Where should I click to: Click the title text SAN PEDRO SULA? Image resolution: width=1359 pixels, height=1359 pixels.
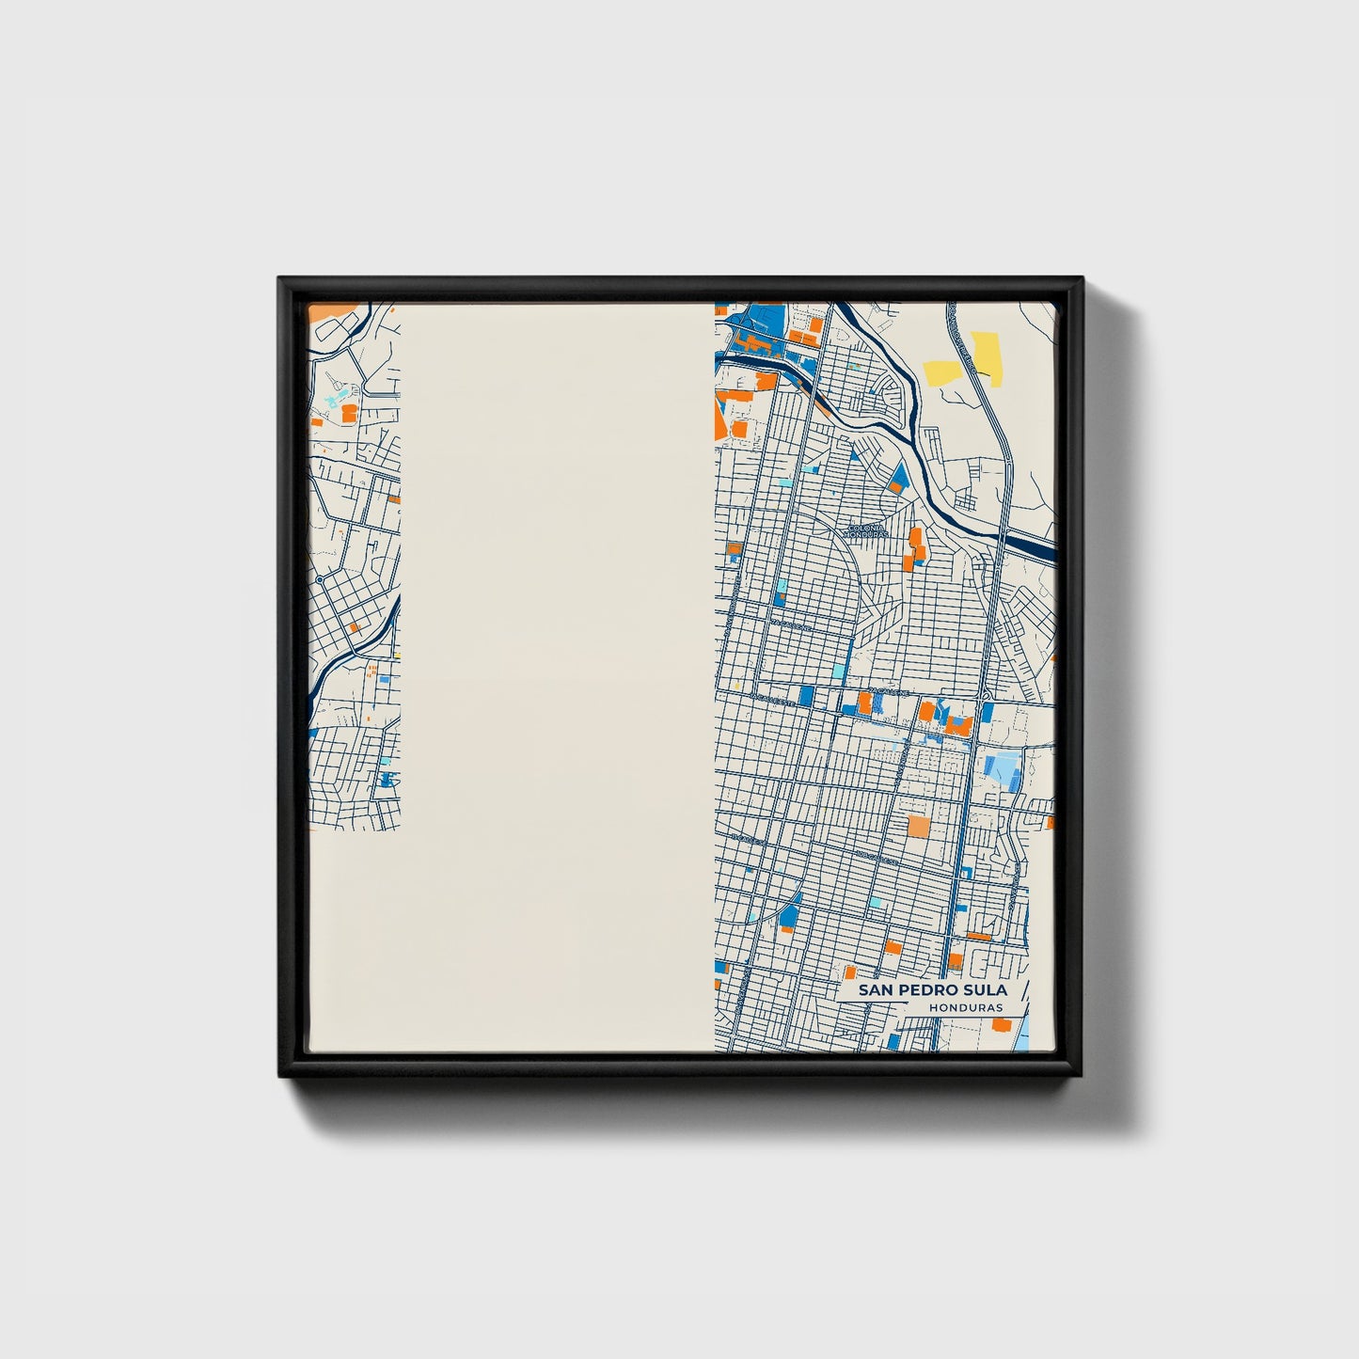click(931, 990)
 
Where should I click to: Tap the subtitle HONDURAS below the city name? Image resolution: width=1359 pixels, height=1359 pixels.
click(965, 1008)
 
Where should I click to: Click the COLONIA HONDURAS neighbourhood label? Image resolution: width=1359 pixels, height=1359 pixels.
click(866, 531)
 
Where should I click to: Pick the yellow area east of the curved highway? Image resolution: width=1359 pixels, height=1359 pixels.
click(986, 356)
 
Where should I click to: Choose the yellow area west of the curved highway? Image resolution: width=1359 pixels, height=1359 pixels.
click(940, 372)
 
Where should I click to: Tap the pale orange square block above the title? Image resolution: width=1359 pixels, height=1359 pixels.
click(917, 826)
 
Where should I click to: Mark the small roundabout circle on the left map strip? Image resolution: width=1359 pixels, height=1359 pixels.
click(320, 579)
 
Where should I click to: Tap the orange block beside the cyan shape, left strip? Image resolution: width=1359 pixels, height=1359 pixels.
click(349, 412)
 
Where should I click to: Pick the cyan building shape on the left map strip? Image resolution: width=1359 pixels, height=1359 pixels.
click(335, 401)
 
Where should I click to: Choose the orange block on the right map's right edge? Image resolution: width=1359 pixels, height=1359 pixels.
click(1051, 824)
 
